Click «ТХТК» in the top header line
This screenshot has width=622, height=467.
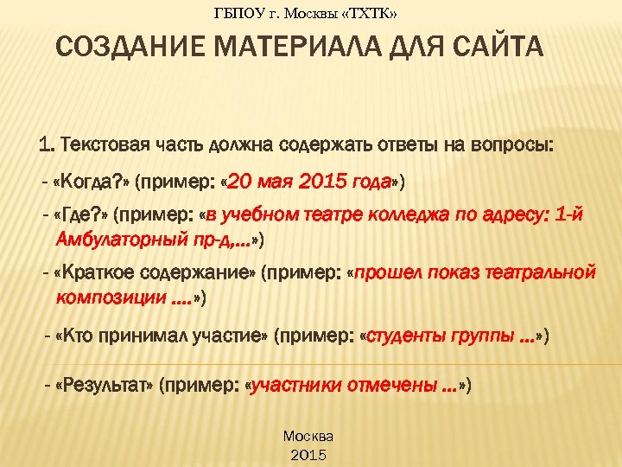[x=378, y=13]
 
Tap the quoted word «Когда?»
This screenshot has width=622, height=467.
[x=92, y=183]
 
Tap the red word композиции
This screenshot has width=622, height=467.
[x=108, y=297]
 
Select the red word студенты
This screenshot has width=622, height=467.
[x=407, y=336]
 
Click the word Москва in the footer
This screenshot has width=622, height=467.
[x=308, y=436]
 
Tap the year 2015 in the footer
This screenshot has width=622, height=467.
[x=308, y=453]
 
